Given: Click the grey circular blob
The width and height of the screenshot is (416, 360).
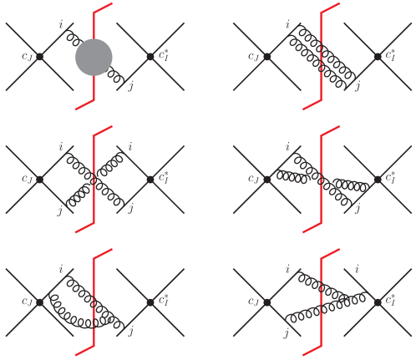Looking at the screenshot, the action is (94, 58).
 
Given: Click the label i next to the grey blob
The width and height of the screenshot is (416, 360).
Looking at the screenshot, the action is (61, 25).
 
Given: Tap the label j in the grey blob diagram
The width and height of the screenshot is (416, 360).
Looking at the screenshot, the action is (131, 86).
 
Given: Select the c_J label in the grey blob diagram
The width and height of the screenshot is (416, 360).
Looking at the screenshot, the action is (27, 57).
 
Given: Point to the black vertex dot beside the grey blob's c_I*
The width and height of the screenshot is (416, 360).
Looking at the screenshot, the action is (150, 57).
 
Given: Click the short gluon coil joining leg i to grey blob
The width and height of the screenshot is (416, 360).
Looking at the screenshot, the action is (74, 38).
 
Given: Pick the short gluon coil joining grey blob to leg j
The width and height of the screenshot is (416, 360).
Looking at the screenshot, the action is (115, 75).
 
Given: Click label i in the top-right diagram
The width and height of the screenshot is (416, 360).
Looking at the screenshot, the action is (287, 25).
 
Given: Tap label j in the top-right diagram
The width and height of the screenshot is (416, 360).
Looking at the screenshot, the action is (358, 86).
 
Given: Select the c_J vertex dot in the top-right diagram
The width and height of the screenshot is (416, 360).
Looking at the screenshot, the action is (267, 57).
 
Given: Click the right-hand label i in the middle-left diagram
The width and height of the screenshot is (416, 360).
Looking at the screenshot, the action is (130, 146).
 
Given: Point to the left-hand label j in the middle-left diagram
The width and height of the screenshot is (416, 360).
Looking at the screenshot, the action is (60, 210).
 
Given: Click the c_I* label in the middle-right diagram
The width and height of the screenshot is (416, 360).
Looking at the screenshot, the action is (390, 177).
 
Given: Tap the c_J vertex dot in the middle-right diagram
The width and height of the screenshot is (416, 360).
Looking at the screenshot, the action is (267, 180).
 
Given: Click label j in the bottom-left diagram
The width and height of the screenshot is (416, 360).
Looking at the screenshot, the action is (131, 332).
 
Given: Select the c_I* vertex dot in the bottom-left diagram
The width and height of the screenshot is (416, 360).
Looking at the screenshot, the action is (150, 302).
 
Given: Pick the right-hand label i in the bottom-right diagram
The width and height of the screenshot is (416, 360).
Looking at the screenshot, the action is (357, 269).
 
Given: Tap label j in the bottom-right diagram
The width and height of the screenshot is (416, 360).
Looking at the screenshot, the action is (287, 333).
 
